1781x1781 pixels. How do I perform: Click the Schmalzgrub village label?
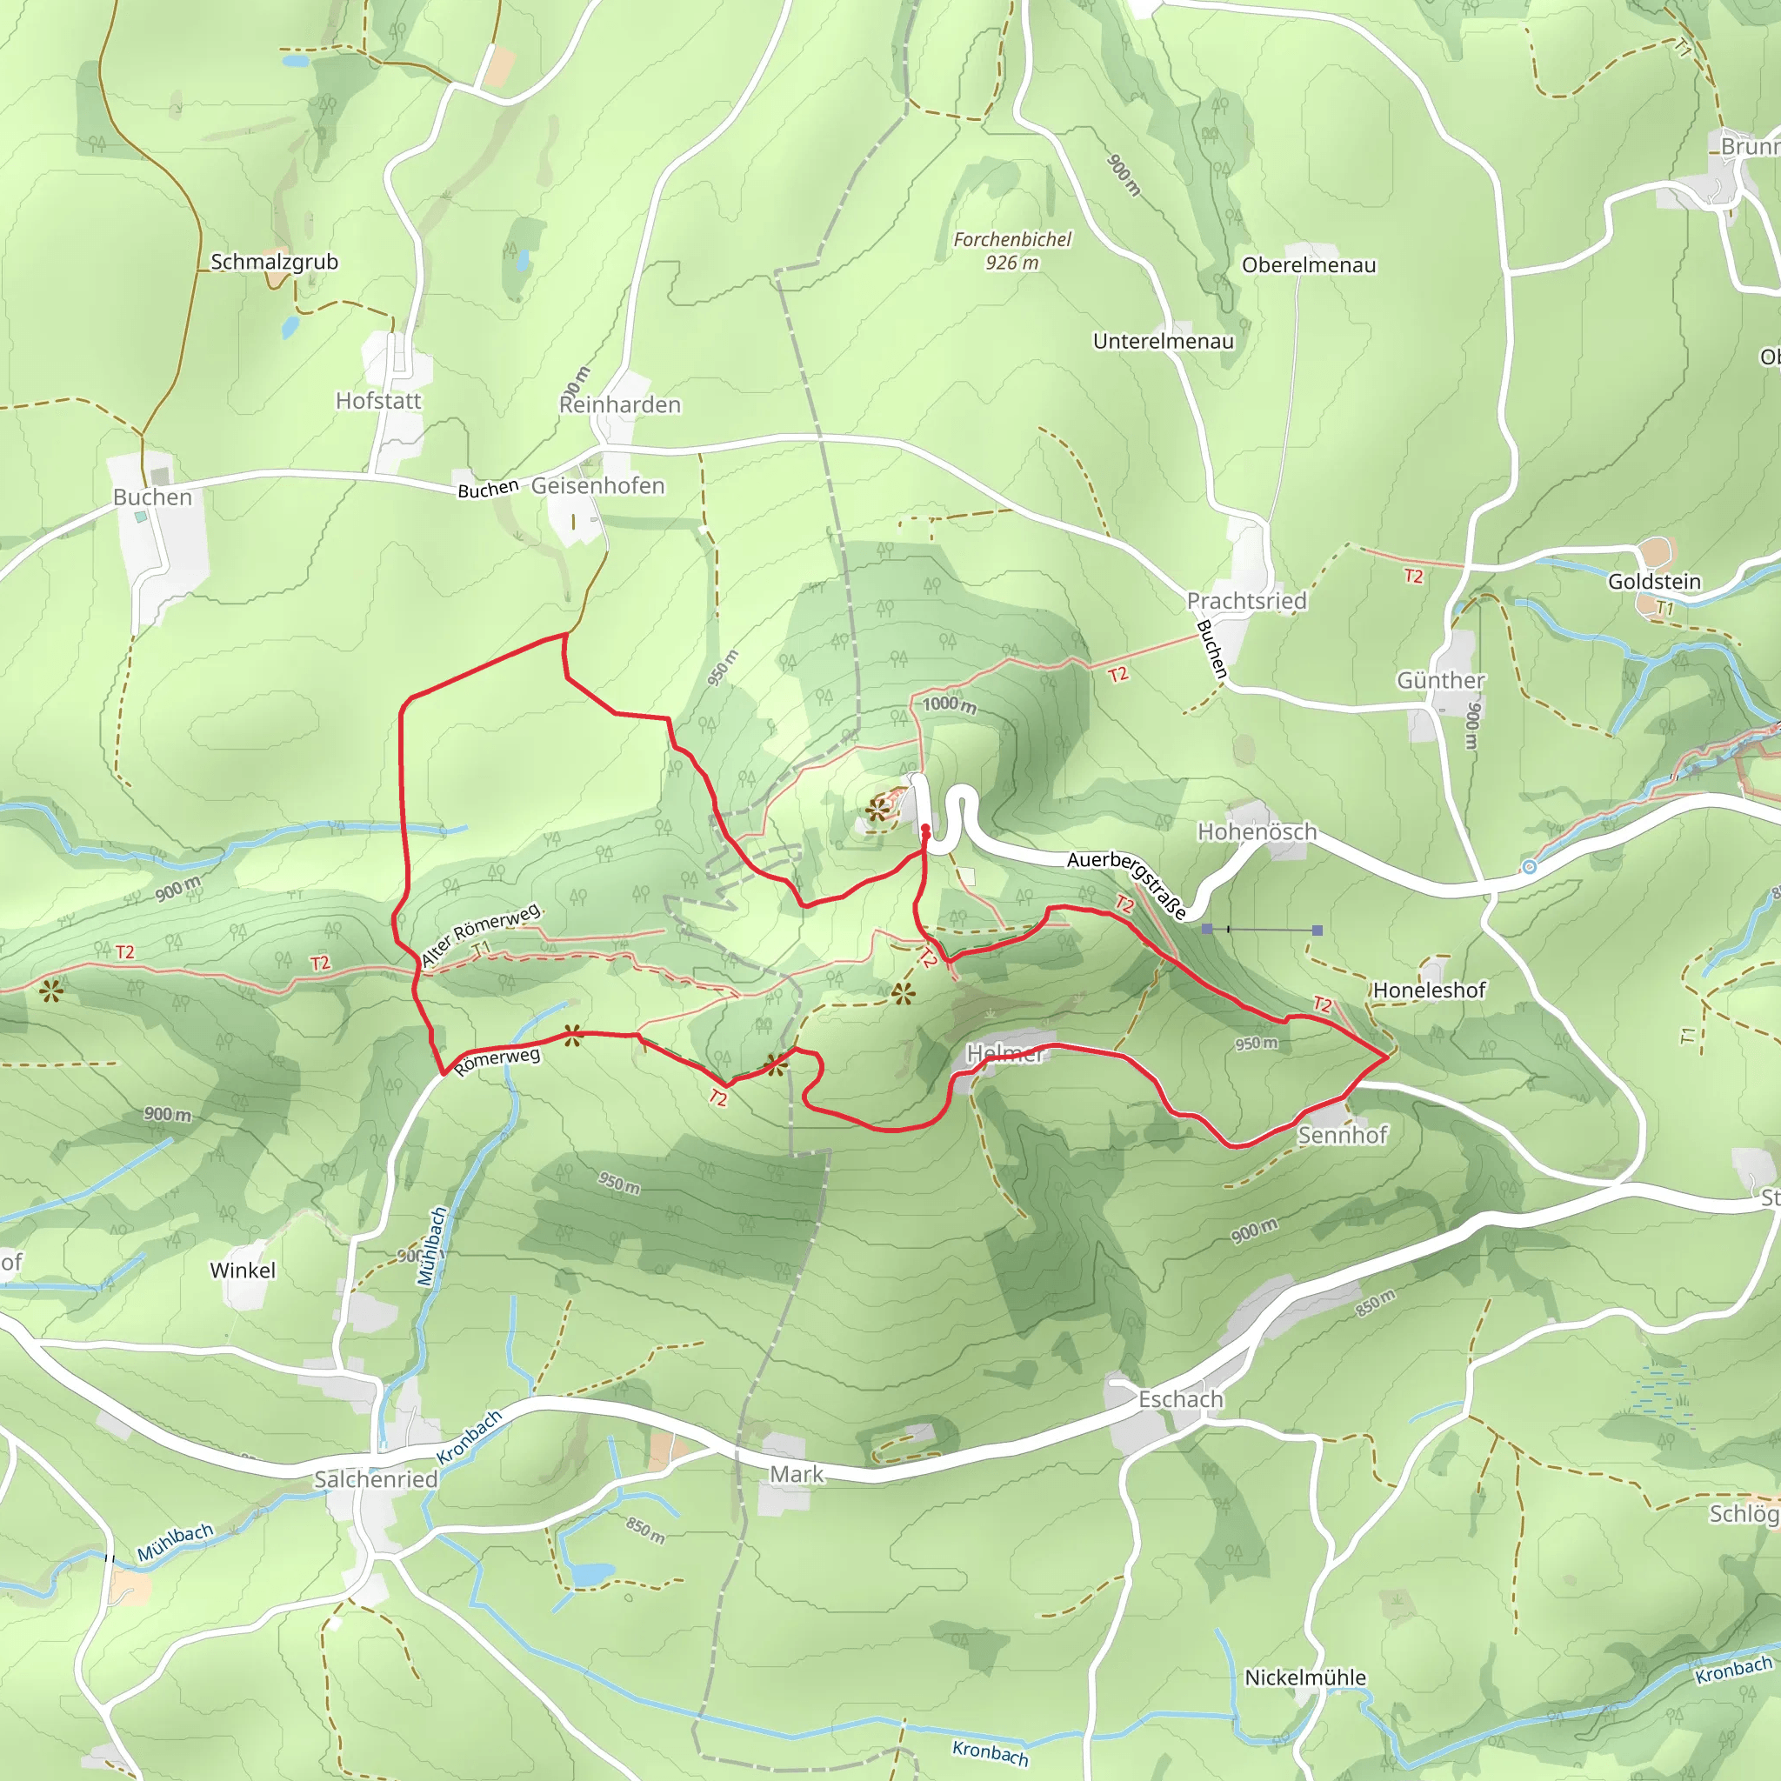point(274,262)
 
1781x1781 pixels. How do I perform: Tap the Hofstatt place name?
point(378,401)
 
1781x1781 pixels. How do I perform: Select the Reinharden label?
point(619,404)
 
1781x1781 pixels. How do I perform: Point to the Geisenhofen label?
point(597,486)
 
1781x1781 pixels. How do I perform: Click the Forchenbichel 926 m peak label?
point(1012,250)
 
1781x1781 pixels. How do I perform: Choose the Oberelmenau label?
point(1308,265)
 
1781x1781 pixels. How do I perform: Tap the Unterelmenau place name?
point(1163,342)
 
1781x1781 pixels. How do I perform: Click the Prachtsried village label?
point(1246,601)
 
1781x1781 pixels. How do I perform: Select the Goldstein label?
point(1654,582)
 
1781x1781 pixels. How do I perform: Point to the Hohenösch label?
point(1257,831)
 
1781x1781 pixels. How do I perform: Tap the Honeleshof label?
point(1429,990)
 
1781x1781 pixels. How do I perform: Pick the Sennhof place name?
point(1342,1135)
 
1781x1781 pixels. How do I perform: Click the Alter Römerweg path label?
point(480,935)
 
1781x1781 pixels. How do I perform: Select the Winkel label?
point(243,1271)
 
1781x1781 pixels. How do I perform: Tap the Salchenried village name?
point(376,1479)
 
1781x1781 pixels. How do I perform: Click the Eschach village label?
point(1180,1399)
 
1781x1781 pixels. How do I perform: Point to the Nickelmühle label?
point(1304,1678)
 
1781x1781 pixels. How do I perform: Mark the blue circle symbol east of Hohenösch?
point(1530,866)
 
